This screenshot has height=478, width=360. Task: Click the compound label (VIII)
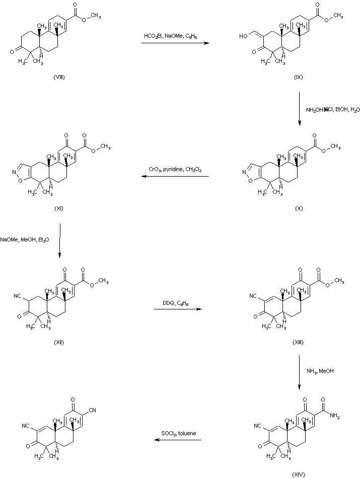tap(59, 77)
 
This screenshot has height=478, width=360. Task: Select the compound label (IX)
tap(299, 77)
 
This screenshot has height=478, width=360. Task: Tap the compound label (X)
tap(299, 209)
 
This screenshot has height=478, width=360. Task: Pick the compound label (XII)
tap(59, 342)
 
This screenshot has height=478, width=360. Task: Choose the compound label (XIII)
tap(298, 342)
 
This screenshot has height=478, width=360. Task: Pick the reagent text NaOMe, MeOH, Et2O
tap(25, 240)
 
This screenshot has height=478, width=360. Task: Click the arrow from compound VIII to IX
tap(175, 44)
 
